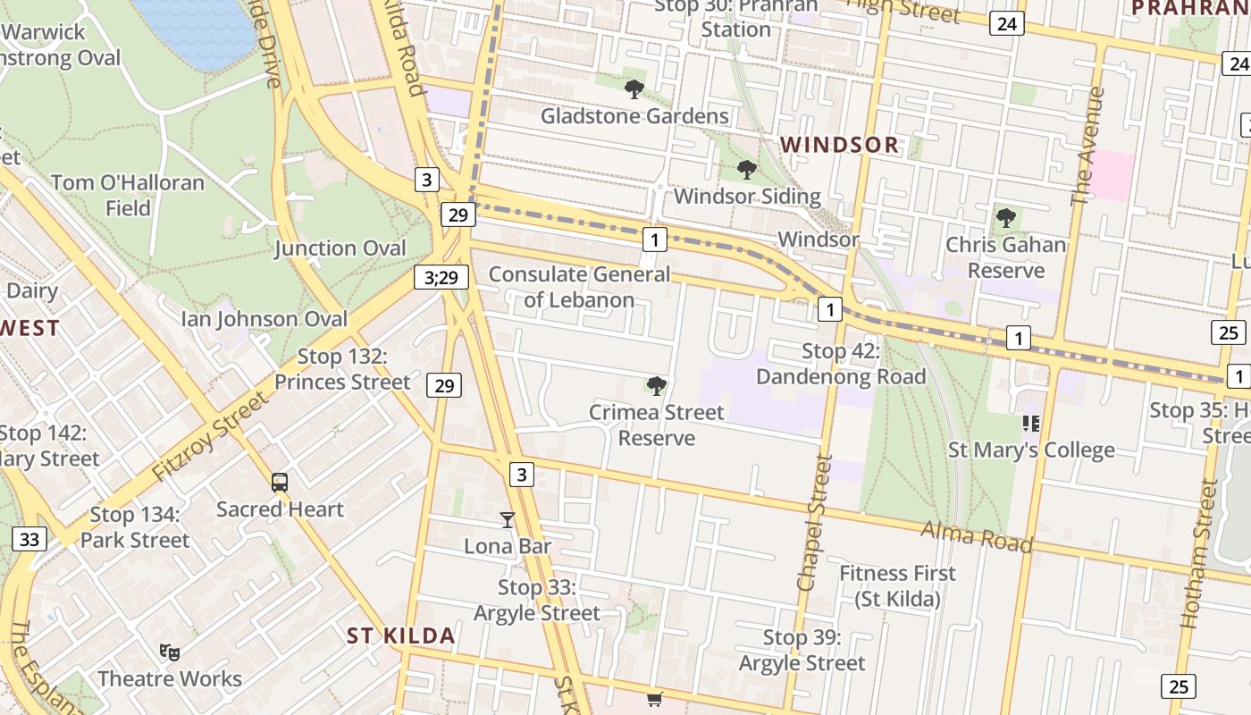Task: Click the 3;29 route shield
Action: pos(441,277)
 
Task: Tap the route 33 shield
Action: pos(29,539)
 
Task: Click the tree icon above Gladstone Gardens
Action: pos(634,89)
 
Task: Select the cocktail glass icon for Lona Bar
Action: pos(508,519)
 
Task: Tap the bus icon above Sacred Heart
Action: pos(280,483)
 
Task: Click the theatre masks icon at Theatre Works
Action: pos(169,652)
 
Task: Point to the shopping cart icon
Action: pos(655,699)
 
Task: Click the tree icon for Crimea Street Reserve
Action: pos(656,386)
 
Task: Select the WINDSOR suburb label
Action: pos(839,145)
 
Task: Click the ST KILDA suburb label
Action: pos(400,636)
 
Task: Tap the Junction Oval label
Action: pos(340,248)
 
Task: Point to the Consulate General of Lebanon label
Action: pos(579,287)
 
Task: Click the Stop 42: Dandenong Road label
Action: pos(841,364)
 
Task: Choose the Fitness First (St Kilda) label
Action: pos(897,585)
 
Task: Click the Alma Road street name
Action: pos(977,538)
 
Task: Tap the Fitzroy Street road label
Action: pos(210,437)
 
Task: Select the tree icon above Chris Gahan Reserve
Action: pos(1006,217)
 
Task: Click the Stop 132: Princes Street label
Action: pos(342,369)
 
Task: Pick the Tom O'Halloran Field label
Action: pos(128,195)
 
